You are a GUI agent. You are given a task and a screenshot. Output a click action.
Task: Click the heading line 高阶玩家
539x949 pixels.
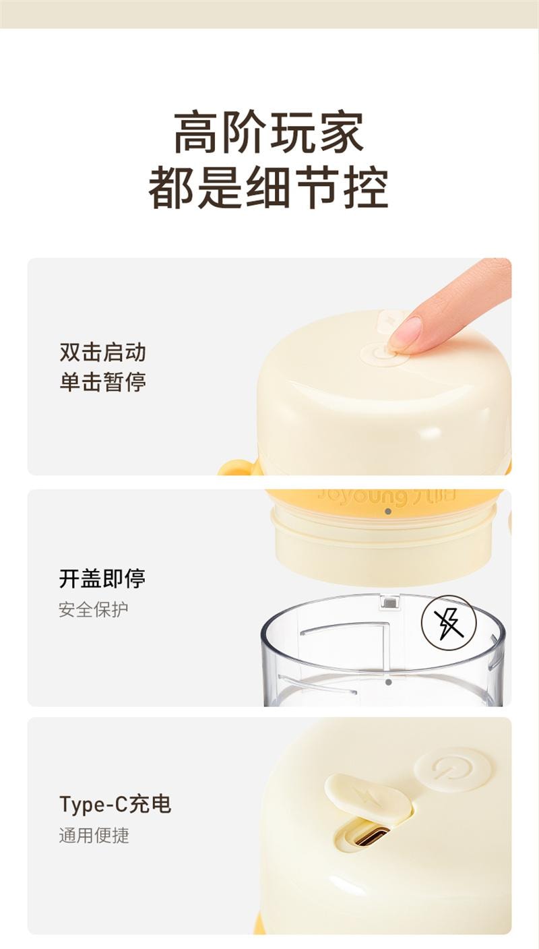269,133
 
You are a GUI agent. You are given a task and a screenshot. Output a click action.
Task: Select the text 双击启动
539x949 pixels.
102,352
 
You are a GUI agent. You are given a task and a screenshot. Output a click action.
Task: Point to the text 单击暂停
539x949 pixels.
102,382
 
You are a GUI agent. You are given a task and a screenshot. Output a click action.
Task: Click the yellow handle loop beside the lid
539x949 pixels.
236,467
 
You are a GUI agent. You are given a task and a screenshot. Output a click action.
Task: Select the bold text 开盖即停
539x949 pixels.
102,578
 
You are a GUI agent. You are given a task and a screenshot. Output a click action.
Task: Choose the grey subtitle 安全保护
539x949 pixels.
93,609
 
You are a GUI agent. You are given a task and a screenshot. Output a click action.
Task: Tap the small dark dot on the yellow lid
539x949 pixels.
387,512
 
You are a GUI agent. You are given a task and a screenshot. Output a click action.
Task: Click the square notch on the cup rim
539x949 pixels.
389,601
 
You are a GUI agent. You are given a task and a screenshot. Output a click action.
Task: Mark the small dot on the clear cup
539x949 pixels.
389,682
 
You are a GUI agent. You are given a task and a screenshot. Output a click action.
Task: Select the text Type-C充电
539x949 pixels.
115,804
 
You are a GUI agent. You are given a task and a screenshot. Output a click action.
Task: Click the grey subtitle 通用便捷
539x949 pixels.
93,836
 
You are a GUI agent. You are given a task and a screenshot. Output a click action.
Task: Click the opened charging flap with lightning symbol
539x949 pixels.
367,797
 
